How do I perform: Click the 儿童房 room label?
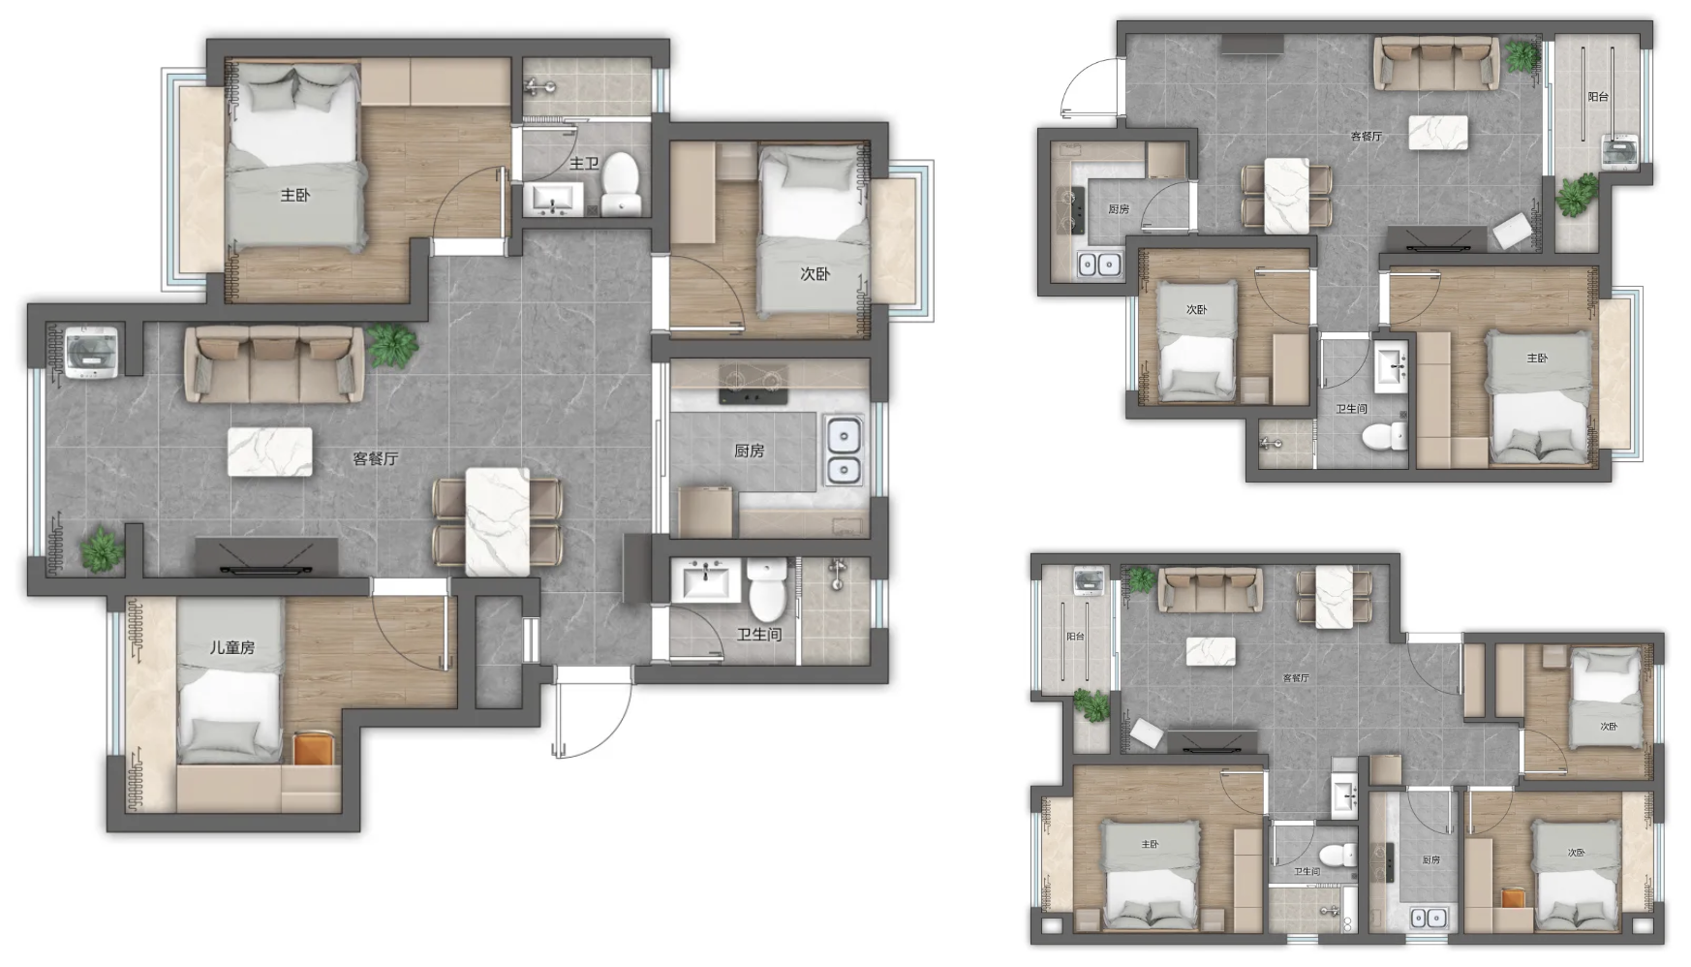(x=232, y=647)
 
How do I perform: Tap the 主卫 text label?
(x=584, y=164)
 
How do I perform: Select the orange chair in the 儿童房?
(x=313, y=747)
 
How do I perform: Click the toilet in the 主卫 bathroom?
(x=621, y=183)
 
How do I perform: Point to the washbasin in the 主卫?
(x=553, y=200)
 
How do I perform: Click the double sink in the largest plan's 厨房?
(x=844, y=451)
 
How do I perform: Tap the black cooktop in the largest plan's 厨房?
(x=753, y=384)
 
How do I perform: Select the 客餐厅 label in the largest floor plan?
(x=376, y=458)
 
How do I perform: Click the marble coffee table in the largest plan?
(x=270, y=452)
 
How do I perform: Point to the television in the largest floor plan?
(x=266, y=557)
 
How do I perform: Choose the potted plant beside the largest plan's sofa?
(x=392, y=344)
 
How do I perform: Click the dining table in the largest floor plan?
(x=498, y=522)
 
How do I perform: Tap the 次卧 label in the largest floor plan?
(x=815, y=274)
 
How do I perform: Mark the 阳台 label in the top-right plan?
(x=1598, y=97)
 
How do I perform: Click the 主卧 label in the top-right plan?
(x=1537, y=359)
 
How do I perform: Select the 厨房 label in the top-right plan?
(x=1119, y=209)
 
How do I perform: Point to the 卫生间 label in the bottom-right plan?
(x=1307, y=872)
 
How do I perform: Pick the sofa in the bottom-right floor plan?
(x=1212, y=589)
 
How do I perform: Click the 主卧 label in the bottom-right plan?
(x=1150, y=845)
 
